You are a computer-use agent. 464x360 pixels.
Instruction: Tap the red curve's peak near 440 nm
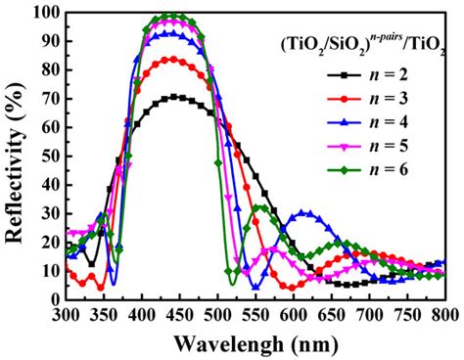click(171, 59)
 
